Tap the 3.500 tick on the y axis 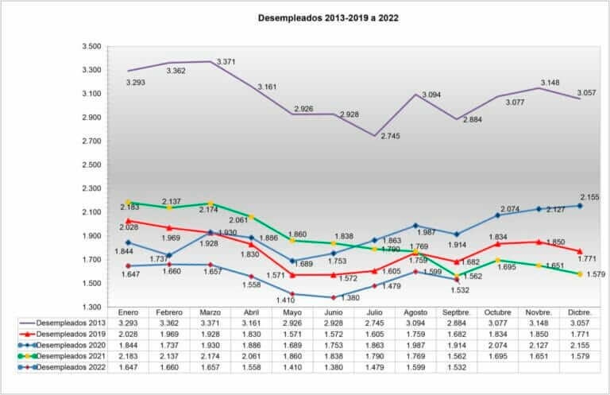click(91, 47)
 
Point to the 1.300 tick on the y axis click(91, 308)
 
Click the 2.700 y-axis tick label click(91, 141)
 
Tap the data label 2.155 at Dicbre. click(589, 196)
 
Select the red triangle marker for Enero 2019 click(129, 221)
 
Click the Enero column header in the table click(129, 313)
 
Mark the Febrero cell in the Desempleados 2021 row click(169, 357)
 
